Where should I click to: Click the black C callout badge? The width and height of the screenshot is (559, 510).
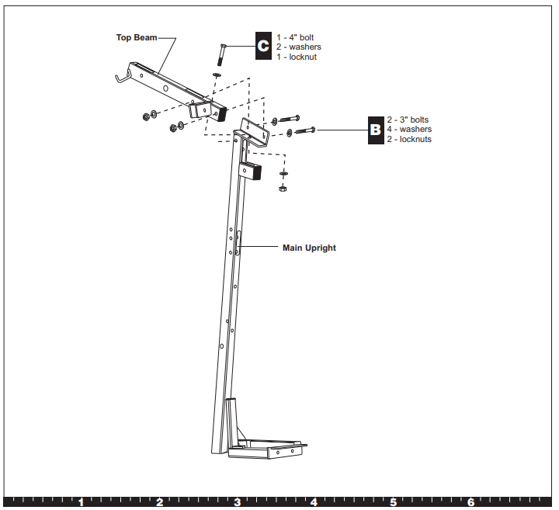[x=262, y=47]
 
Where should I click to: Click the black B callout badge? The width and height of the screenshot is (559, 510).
[x=376, y=129]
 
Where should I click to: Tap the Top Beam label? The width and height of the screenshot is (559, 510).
[x=137, y=37]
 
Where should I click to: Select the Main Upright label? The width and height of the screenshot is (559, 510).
[x=309, y=248]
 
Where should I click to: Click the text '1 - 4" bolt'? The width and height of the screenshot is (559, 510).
[x=295, y=37]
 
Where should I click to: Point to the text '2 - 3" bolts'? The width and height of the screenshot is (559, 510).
[x=408, y=120]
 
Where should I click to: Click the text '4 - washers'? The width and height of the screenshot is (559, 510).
[x=409, y=129]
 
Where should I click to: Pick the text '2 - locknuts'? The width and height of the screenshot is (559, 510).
[x=409, y=139]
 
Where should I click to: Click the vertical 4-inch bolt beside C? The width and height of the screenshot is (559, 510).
[x=221, y=56]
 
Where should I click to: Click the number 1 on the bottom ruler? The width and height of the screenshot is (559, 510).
[x=81, y=502]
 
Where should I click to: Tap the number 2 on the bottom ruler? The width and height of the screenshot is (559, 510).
[x=159, y=502]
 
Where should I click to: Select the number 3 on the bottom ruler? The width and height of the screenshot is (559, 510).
[x=237, y=502]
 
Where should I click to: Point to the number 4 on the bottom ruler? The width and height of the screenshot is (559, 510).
[x=314, y=502]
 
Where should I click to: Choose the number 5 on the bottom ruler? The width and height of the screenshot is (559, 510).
[x=393, y=502]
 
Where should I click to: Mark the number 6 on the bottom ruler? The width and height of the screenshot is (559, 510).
[x=470, y=502]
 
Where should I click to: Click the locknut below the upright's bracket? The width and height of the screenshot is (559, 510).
[x=283, y=188]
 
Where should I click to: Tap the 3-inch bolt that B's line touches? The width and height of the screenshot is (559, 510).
[x=303, y=131]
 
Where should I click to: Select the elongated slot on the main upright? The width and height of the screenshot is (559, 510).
[x=239, y=242]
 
